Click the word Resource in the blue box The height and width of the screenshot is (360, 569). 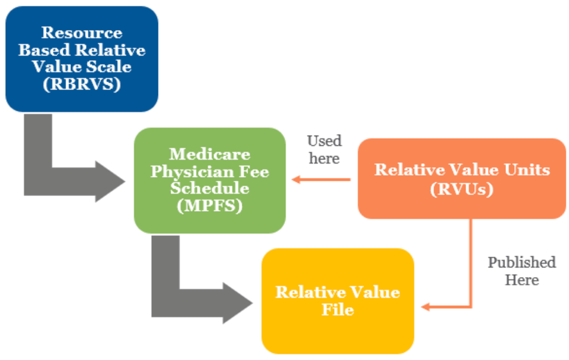point(81,32)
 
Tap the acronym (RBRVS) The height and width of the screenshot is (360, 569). point(81,83)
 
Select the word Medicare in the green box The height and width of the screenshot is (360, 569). point(210,155)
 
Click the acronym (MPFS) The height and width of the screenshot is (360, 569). point(210,205)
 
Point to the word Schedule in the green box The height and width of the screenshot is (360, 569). point(209,188)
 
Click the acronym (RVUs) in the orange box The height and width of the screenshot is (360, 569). point(461,188)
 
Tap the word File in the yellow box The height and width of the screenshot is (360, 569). point(337,309)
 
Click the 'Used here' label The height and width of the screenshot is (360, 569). point(324,149)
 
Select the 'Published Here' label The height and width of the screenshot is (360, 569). point(522,271)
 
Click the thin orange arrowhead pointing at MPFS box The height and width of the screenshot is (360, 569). point(294,180)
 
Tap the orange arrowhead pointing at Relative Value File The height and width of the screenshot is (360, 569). point(426,307)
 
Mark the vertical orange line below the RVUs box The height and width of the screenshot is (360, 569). point(470,262)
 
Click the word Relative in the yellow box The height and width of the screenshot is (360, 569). point(304,292)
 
